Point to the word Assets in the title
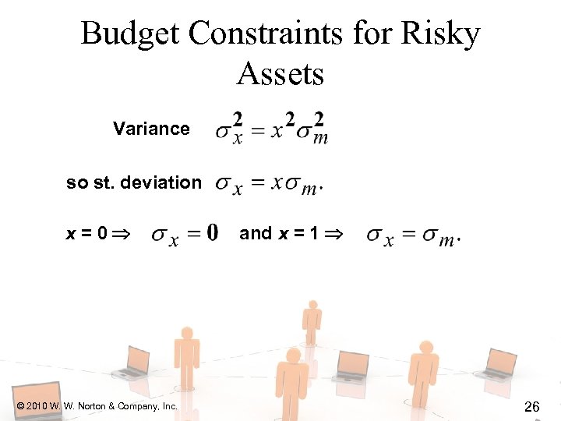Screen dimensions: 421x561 tap(280, 74)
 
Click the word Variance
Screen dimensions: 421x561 tap(151, 129)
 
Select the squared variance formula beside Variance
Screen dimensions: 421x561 tap(271, 129)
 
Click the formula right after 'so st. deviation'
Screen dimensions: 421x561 tap(270, 185)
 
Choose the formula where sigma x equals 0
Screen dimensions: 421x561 tap(185, 234)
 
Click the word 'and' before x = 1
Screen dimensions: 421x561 tap(256, 233)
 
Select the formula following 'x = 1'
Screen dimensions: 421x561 tap(413, 235)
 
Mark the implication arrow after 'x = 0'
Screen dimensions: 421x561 tap(124, 234)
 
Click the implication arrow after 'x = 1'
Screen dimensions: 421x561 tap(332, 234)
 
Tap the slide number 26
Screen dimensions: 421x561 tap(533, 406)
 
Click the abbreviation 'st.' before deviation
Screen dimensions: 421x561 tap(102, 183)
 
